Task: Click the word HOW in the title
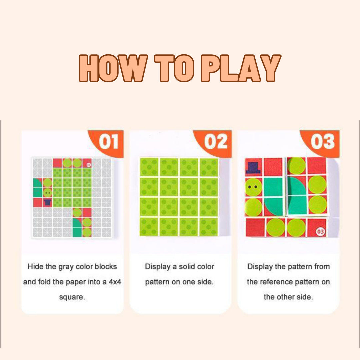pos(113,68)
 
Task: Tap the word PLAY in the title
pos(241,68)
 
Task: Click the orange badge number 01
pos(108,141)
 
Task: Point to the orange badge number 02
pos(216,141)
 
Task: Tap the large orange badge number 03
pos(323,141)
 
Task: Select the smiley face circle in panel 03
pos(253,187)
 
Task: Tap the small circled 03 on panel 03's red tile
pos(320,231)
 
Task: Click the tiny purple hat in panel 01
pos(48,202)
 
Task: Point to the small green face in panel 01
pos(48,193)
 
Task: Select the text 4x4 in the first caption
pos(115,282)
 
